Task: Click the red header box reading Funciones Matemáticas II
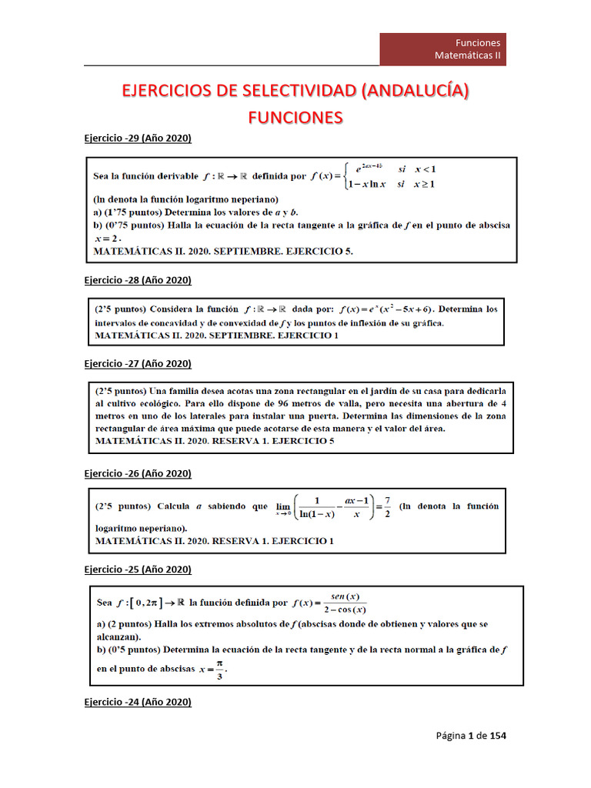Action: pos(442,49)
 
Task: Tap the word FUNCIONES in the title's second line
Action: pos(295,118)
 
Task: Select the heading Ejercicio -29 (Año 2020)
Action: pos(137,138)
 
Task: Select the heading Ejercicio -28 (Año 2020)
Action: pos(137,280)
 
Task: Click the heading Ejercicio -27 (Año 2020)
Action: pos(137,363)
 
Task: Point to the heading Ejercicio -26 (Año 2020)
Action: pos(137,473)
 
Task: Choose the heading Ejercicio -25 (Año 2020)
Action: pos(137,569)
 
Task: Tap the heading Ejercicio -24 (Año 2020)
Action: pos(137,702)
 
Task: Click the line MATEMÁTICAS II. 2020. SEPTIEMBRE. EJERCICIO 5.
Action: pos(223,251)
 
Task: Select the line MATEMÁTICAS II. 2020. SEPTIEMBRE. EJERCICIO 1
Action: pos(216,336)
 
